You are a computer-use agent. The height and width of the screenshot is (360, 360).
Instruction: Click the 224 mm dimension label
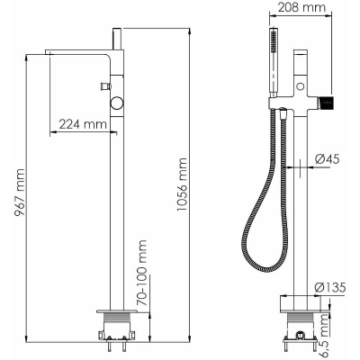click(83, 124)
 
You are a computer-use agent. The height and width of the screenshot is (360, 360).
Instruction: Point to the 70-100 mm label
click(142, 273)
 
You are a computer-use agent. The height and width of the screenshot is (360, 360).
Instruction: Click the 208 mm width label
click(301, 7)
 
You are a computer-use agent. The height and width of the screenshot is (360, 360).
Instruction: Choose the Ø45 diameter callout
click(328, 159)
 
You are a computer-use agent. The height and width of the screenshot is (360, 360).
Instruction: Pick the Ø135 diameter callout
click(330, 287)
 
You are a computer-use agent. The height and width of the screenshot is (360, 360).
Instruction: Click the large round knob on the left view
click(116, 103)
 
